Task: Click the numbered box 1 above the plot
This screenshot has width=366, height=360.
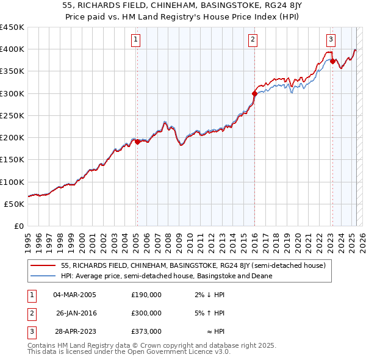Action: click(136, 40)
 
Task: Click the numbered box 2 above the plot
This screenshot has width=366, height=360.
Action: click(253, 40)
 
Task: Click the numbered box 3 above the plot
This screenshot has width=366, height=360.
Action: click(331, 40)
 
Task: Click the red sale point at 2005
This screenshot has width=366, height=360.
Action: click(137, 142)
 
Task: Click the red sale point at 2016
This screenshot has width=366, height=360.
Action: click(254, 93)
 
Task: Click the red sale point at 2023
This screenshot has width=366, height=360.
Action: click(332, 61)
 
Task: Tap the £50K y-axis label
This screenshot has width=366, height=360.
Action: click(14, 204)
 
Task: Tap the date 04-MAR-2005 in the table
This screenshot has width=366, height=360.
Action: click(74, 295)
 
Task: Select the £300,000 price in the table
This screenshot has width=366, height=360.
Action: click(146, 313)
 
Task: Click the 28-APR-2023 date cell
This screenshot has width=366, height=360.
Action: click(74, 331)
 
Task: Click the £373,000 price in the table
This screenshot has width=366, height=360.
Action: click(146, 331)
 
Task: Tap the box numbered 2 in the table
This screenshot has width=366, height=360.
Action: click(30, 313)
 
